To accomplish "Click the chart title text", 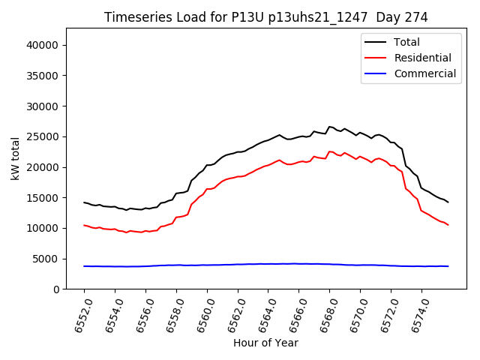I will click(x=265, y=17).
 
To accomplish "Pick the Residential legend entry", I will click(x=422, y=58).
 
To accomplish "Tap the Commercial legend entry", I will click(x=424, y=73).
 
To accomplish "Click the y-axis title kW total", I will click(x=16, y=158).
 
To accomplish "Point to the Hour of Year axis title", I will click(x=265, y=343).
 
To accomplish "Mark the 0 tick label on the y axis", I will click(x=56, y=289).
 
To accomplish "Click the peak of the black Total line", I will click(x=329, y=127).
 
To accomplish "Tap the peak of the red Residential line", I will click(x=329, y=151).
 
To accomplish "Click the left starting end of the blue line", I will click(x=84, y=266).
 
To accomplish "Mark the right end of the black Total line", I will click(x=448, y=202).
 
